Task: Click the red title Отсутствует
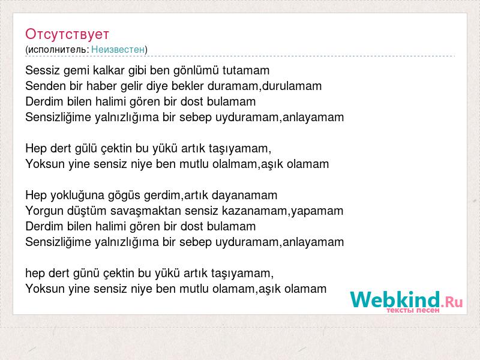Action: click(67, 34)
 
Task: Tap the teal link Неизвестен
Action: click(118, 49)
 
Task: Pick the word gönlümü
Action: click(196, 71)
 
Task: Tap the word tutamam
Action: click(246, 70)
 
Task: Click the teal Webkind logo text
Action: click(395, 299)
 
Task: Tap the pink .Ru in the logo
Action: click(452, 302)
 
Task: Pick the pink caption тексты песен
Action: click(413, 310)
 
